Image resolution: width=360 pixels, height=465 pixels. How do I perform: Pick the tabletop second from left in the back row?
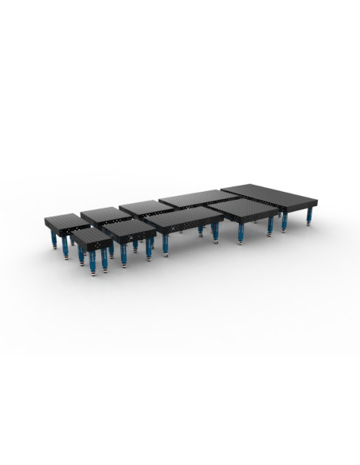click(x=105, y=213)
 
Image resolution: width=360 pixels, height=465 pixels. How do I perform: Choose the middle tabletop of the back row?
click(x=146, y=207)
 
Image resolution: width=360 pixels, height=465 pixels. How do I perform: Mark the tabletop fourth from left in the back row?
click(x=199, y=198)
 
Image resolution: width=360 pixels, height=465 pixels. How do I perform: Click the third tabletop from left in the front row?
click(x=185, y=218)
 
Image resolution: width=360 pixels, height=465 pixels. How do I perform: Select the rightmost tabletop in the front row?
click(x=247, y=209)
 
